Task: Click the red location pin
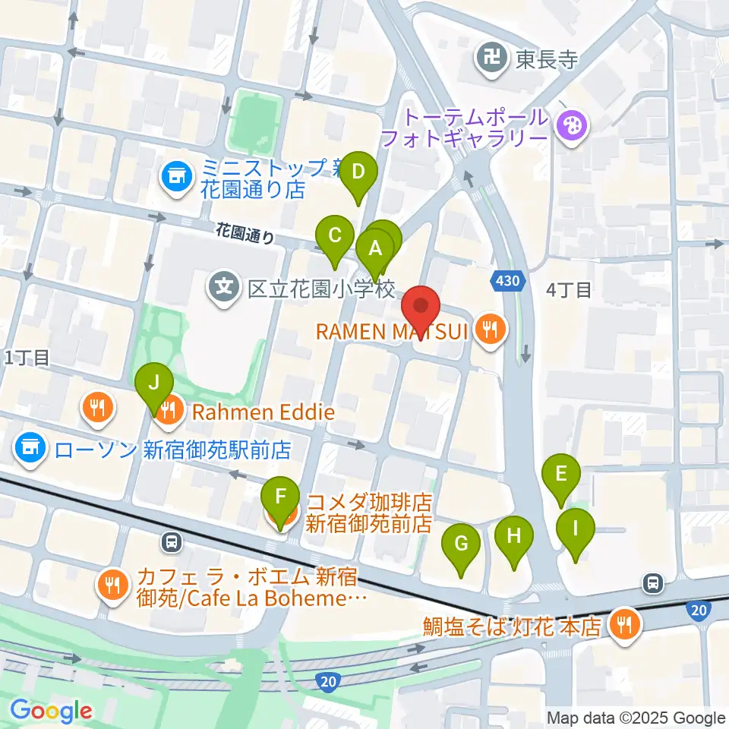click(421, 308)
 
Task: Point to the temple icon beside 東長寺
click(492, 59)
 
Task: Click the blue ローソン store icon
click(29, 450)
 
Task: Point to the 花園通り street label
click(245, 232)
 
